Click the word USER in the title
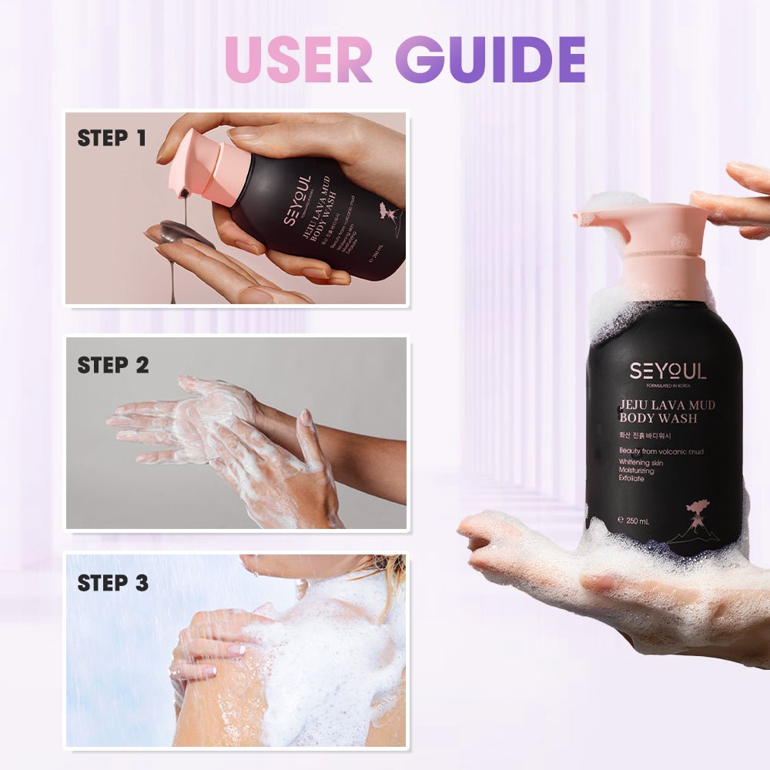tap(299, 59)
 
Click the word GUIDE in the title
tap(490, 59)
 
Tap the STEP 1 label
tap(112, 139)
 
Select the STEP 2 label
tap(113, 365)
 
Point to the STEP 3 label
tap(113, 583)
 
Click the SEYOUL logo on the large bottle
tap(668, 371)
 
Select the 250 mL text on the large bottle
tap(633, 521)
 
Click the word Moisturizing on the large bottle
tap(636, 470)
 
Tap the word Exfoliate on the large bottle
tap(631, 479)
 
